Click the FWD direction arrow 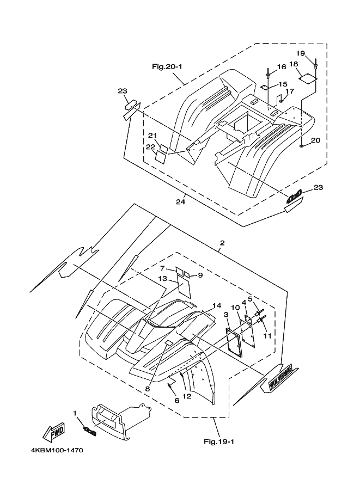click(x=53, y=433)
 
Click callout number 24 click(x=180, y=202)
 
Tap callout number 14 click(x=217, y=305)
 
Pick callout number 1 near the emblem click(x=75, y=414)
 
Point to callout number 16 click(x=281, y=67)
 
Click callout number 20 click(x=315, y=140)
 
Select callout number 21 click(x=152, y=136)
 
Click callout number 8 click(x=147, y=389)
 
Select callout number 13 click(x=162, y=278)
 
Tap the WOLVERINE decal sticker click(x=282, y=378)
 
